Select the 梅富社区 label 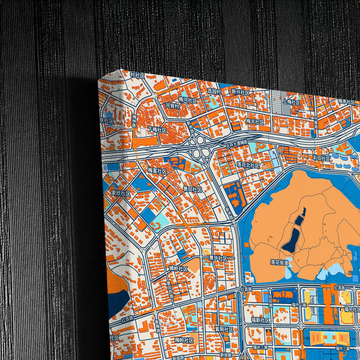click(157, 171)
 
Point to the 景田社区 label click(191, 190)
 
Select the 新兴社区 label click(240, 91)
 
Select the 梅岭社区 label click(184, 339)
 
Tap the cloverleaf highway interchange click(199, 142)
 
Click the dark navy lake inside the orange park click(295, 232)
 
